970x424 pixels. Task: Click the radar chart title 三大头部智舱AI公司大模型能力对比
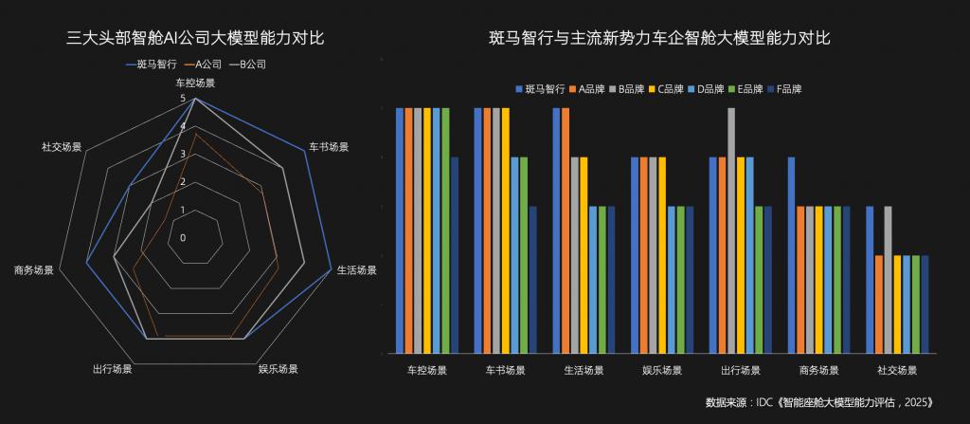coord(196,39)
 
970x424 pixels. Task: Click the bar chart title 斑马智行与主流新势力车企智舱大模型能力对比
coord(659,39)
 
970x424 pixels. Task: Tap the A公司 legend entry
coord(204,65)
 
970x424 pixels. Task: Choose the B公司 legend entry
coord(248,65)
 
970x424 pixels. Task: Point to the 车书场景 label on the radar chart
coord(330,147)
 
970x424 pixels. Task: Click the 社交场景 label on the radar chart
coord(61,147)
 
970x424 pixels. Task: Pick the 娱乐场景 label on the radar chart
coord(278,369)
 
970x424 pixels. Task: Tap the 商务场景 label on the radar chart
coord(34,270)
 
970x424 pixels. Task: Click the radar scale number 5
coord(184,98)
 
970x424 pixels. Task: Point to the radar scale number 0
coord(184,237)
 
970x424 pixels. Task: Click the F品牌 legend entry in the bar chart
coord(784,89)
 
